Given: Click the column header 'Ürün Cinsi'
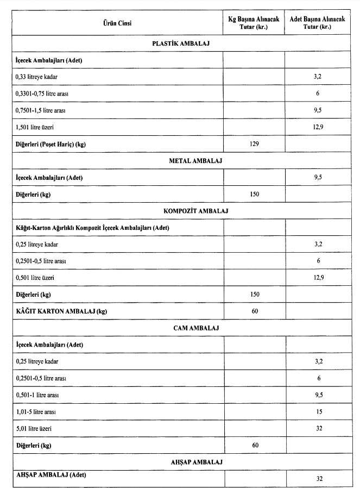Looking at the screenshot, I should point(117,23).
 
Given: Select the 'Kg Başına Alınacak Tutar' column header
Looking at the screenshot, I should point(254,23).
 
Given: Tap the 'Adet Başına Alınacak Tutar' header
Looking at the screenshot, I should point(318,23).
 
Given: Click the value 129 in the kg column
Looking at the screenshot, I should point(254,144).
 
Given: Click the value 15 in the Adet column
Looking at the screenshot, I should point(319,412).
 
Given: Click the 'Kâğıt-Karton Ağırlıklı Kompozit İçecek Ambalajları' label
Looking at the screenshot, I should point(92,227).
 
